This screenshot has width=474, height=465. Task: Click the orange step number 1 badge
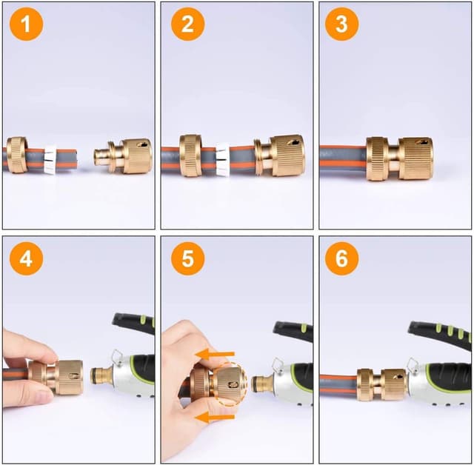27,26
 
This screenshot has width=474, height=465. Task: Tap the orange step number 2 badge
187,26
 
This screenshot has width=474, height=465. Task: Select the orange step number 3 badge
341,26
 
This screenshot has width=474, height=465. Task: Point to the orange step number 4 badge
27,260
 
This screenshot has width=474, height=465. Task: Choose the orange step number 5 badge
187,260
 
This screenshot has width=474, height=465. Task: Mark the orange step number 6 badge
341,260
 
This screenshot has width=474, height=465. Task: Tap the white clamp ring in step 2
223,157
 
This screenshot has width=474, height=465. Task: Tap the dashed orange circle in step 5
229,384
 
